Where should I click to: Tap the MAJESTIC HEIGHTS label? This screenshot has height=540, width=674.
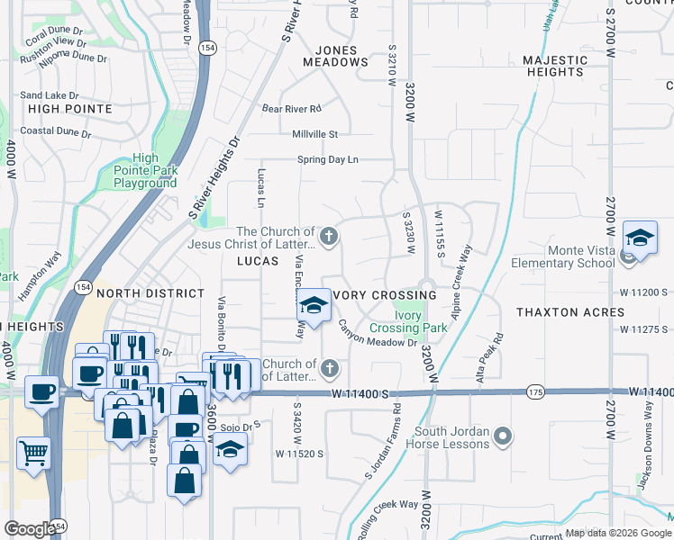point(555,66)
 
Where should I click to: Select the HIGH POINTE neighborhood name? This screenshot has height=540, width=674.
point(70,109)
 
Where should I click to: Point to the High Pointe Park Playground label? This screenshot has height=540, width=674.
point(145,170)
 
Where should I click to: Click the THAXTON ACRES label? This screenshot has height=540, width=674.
point(570,312)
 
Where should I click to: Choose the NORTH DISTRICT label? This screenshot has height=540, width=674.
point(150,293)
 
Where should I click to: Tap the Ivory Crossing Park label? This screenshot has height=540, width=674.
point(409,322)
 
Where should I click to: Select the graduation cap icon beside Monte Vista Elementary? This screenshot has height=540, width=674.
point(640,238)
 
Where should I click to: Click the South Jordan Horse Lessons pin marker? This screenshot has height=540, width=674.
point(503,437)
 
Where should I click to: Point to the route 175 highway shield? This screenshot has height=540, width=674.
point(535,391)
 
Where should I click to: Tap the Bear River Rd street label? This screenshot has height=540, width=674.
point(291,109)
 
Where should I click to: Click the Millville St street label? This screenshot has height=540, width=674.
point(314,134)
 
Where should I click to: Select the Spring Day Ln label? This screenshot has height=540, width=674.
point(328,160)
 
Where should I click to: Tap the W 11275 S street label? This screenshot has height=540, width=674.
point(642,329)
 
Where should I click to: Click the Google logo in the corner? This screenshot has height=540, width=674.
point(30,529)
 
